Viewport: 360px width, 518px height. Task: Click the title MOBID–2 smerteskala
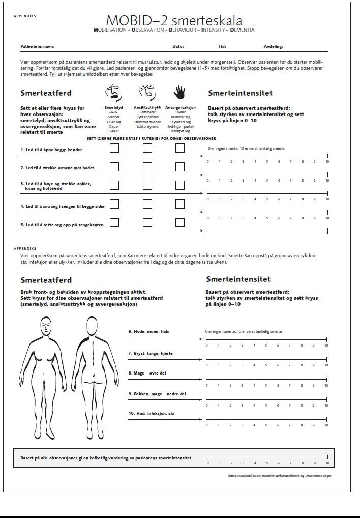(x=174, y=21)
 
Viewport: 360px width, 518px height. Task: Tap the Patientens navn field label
(x=37, y=46)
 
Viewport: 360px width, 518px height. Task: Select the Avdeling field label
(x=273, y=46)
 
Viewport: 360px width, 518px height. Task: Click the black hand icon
(x=179, y=92)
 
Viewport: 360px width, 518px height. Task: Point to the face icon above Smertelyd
(x=114, y=92)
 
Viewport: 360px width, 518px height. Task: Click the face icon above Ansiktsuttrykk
(x=146, y=92)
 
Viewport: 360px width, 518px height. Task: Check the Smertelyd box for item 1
(x=114, y=149)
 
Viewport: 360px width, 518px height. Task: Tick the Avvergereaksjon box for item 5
(x=179, y=222)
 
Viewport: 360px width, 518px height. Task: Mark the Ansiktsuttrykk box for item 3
(x=147, y=185)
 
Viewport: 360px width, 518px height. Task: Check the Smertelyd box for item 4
(x=114, y=204)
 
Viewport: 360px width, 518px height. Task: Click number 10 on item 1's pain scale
(x=327, y=162)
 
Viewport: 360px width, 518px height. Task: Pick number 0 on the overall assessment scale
(x=207, y=464)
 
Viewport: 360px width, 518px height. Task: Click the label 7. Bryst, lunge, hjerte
(x=151, y=353)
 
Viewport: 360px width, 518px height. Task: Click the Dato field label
(x=178, y=46)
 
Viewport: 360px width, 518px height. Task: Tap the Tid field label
(x=222, y=46)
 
